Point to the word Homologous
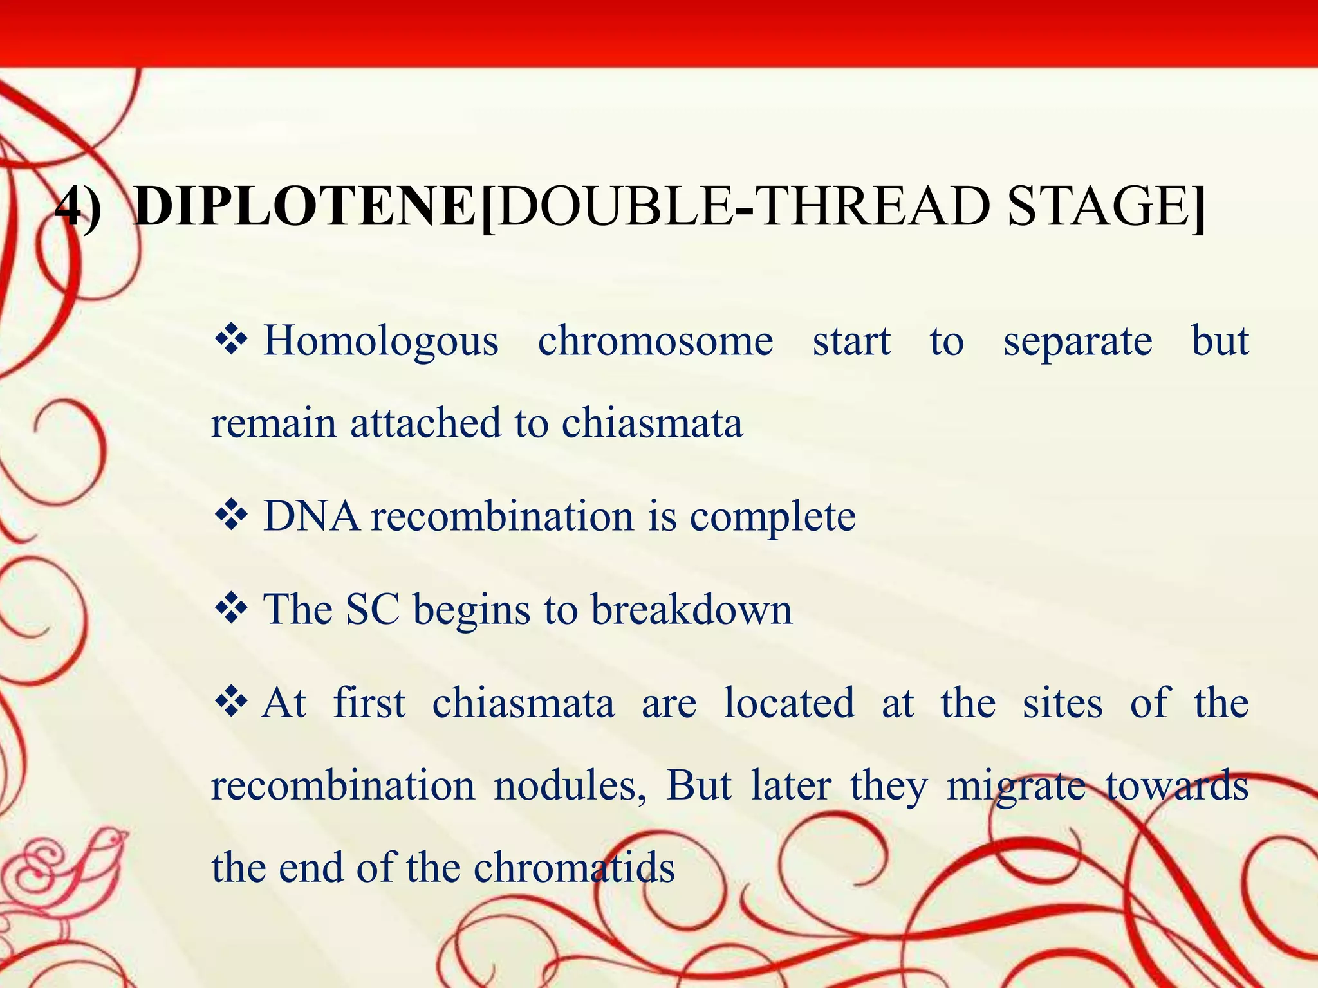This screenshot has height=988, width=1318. tap(380, 341)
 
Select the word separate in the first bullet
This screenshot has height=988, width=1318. tap(1077, 341)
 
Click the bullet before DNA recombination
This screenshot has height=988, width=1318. tap(231, 517)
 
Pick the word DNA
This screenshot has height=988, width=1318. tap(311, 517)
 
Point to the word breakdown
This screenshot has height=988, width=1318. tap(691, 609)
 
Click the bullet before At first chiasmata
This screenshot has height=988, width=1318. tap(231, 702)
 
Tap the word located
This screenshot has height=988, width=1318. tap(789, 702)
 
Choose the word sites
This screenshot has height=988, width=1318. tap(1063, 702)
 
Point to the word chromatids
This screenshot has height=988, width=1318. tap(574, 868)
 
